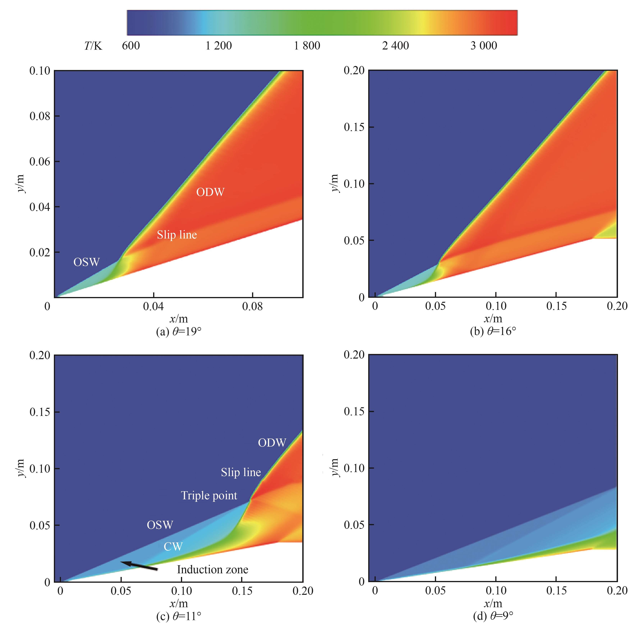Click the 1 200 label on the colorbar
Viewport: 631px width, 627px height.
[x=219, y=46]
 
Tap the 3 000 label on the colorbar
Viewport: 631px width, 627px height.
[x=484, y=46]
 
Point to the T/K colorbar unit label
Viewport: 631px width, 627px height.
[x=93, y=46]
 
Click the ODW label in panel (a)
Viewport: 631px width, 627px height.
[x=210, y=192]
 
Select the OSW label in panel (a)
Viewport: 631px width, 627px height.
[x=87, y=262]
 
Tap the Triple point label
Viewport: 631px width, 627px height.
[x=209, y=496]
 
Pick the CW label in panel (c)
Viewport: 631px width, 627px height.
[x=173, y=547]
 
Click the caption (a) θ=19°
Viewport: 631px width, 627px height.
[x=179, y=332]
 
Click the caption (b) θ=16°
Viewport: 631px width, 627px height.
[x=493, y=332]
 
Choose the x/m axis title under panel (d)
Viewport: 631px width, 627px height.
[x=493, y=603]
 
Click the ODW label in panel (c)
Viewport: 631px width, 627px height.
[x=272, y=443]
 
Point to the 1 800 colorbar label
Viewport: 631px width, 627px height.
[x=307, y=46]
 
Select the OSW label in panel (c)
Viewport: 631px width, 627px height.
[x=160, y=525]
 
